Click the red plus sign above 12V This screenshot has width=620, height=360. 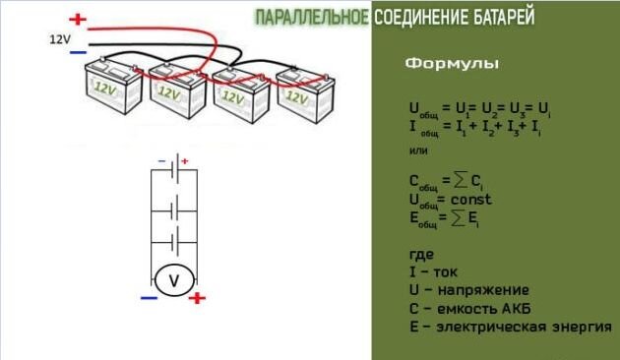[x=78, y=19]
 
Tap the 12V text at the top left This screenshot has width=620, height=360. [x=60, y=37]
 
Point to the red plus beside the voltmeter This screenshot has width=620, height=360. [x=197, y=298]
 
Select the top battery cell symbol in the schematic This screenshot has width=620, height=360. [x=175, y=169]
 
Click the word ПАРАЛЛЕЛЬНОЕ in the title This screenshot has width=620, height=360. [x=312, y=18]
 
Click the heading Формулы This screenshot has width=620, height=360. [x=452, y=64]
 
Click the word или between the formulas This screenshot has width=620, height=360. [x=417, y=151]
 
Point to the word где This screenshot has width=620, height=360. [x=420, y=254]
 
